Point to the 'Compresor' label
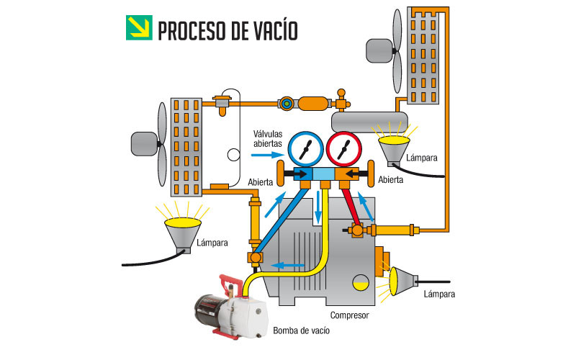349,315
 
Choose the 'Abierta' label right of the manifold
390,180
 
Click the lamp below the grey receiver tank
392,149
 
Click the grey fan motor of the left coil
145,143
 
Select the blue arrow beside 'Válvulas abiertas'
269,154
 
